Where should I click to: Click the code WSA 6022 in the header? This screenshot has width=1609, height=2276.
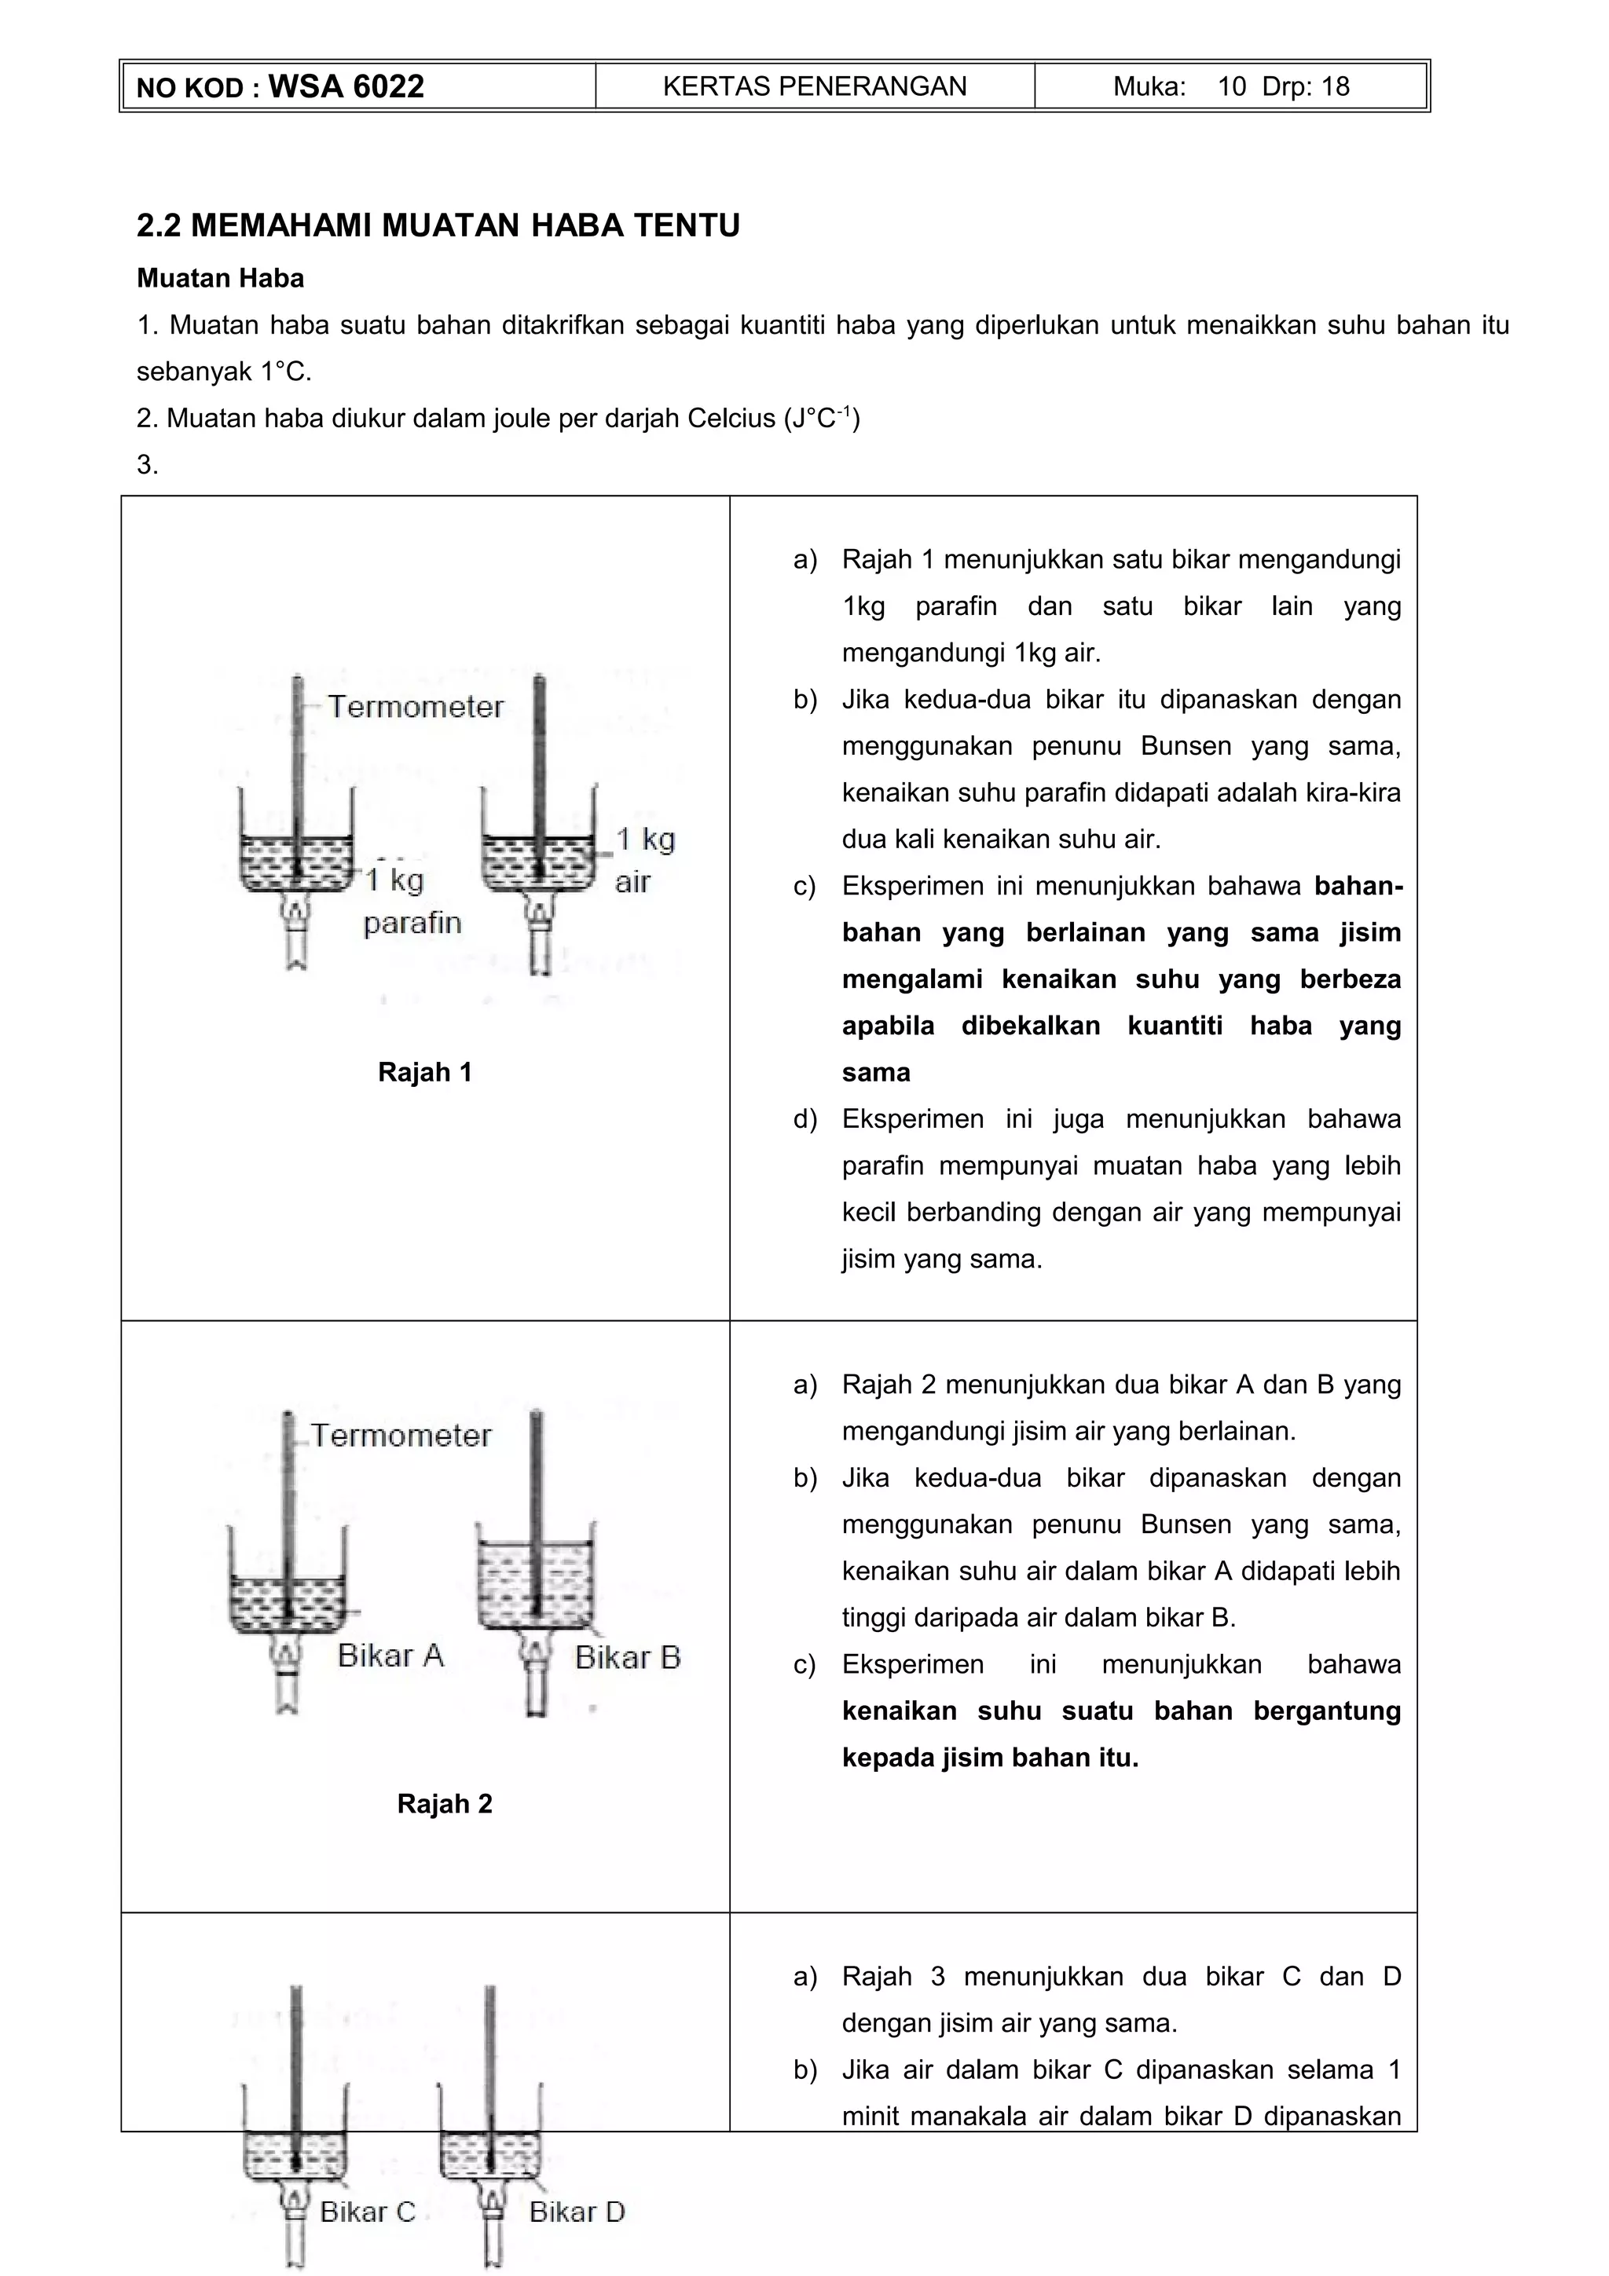pos(346,86)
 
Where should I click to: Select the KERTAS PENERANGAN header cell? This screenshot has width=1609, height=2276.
pos(814,86)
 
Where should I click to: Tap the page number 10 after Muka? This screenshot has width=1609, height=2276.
pos(1231,86)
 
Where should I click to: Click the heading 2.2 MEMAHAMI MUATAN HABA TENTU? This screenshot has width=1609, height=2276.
pos(438,226)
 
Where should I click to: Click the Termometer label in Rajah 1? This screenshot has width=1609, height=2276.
pos(416,707)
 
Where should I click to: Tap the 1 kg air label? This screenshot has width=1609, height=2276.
pos(643,859)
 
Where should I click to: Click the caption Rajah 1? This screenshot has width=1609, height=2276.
pos(424,1073)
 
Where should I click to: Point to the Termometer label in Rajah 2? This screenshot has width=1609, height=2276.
pos(401,1436)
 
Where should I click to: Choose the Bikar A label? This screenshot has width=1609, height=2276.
pos(390,1655)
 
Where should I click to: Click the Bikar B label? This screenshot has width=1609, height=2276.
pos(628,1656)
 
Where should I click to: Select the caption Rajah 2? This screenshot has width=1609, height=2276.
pos(444,1803)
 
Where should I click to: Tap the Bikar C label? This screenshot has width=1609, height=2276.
pos(367,2212)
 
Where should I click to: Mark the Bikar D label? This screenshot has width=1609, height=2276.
pos(576,2212)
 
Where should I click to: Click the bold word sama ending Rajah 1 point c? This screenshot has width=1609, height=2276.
pos(875,1073)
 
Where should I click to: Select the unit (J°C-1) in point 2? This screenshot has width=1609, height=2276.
pos(822,419)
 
